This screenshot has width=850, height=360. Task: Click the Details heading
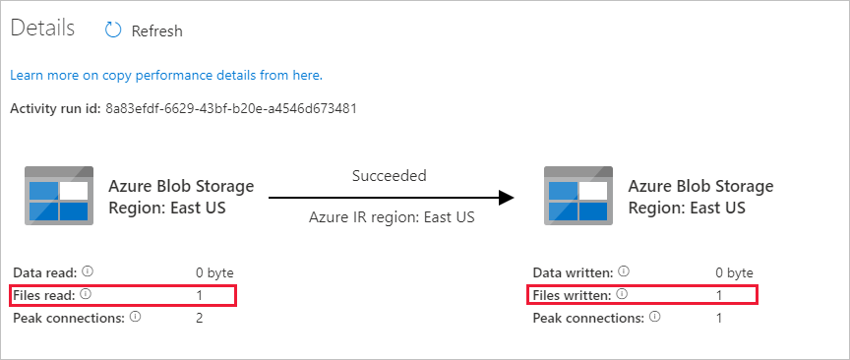[x=42, y=29]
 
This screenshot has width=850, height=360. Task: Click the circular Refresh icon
[x=114, y=30]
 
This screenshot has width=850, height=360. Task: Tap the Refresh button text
[x=156, y=30]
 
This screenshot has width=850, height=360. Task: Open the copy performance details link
[x=166, y=75]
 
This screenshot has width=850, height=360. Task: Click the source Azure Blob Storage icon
[x=59, y=196]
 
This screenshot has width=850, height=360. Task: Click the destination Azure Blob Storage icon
[x=578, y=196]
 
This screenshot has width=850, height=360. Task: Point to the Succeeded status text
[x=389, y=176]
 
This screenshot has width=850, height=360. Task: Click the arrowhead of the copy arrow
[x=506, y=197]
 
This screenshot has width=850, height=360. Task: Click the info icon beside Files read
[x=87, y=294]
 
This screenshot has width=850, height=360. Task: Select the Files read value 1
[x=199, y=294]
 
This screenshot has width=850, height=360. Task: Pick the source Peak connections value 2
[x=200, y=318]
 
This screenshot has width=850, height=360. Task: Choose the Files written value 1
[x=719, y=294]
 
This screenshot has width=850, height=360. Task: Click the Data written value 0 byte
[x=734, y=271]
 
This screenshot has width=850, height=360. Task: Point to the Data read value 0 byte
[x=214, y=271]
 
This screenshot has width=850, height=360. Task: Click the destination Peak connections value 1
[x=719, y=318]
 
